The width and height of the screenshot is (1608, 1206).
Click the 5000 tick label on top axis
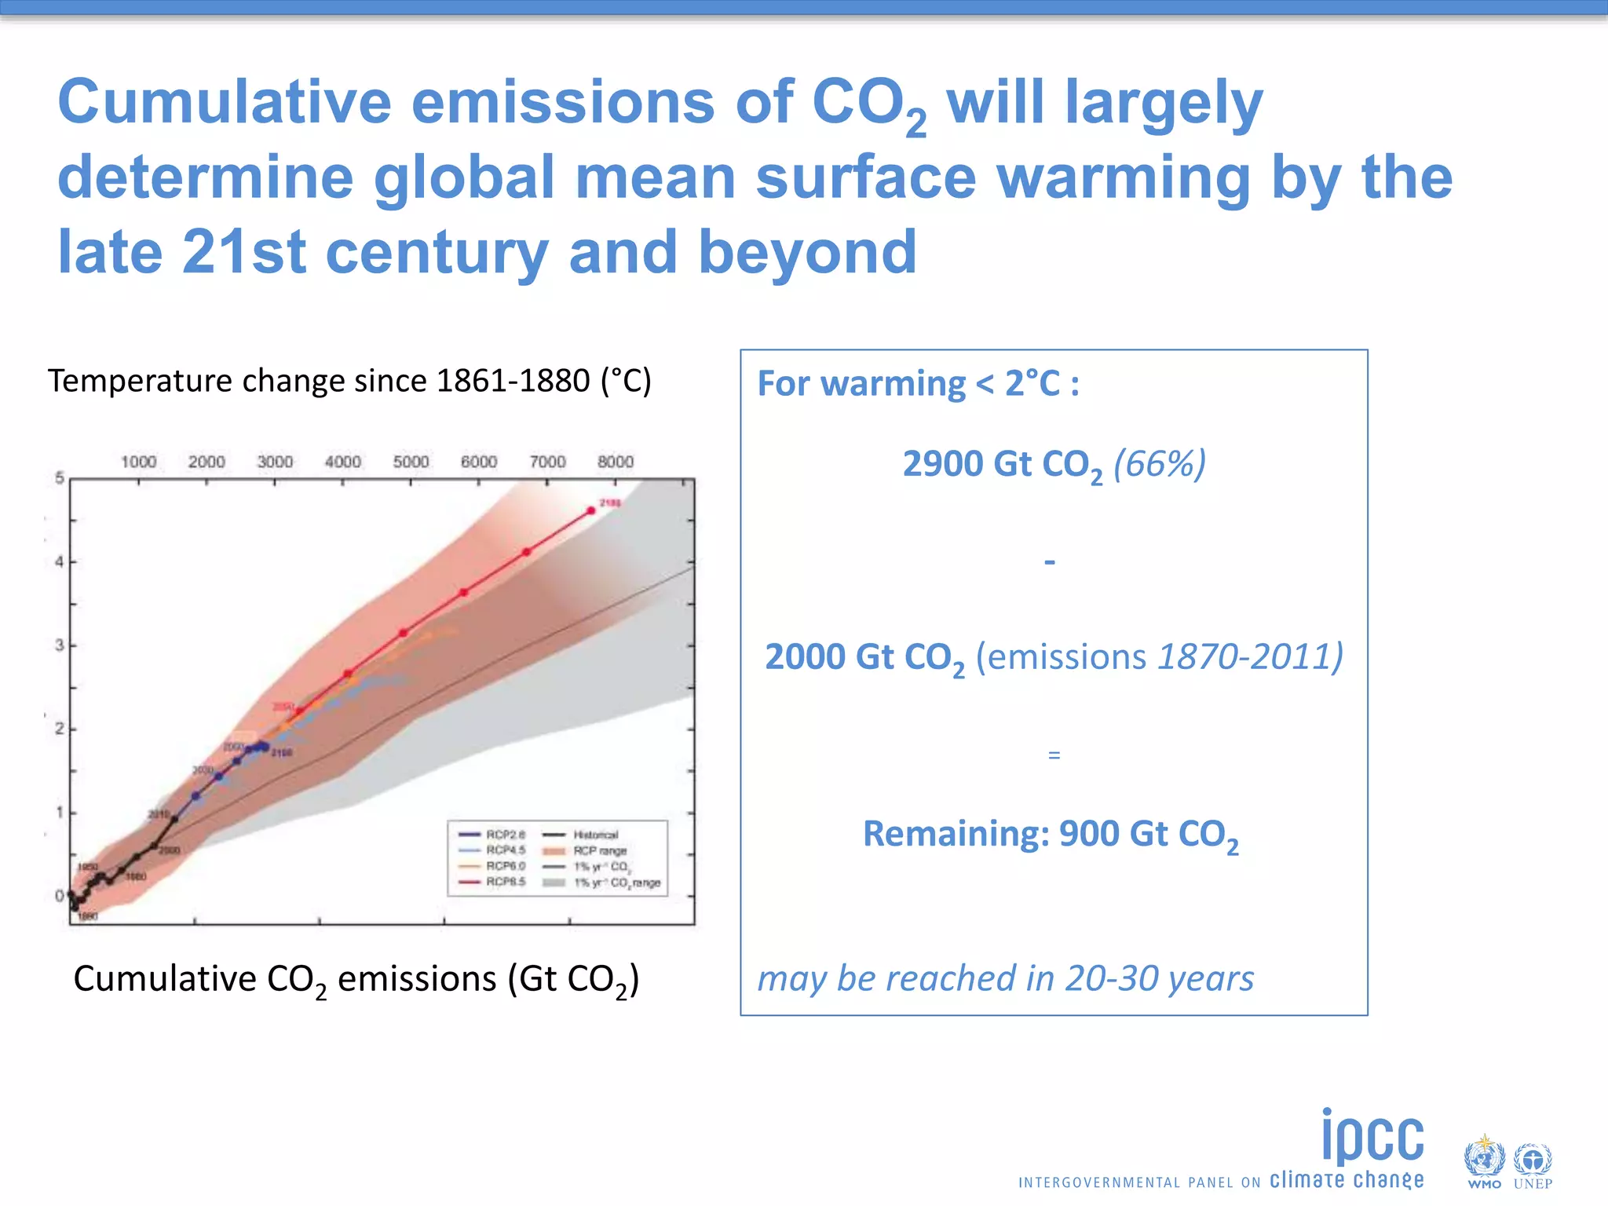coord(411,462)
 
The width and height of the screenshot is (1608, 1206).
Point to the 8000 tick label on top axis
coord(615,462)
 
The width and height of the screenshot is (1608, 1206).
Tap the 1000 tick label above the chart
coord(138,462)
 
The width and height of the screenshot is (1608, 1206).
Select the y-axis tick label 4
coord(59,562)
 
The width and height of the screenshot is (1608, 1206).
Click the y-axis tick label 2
coord(59,729)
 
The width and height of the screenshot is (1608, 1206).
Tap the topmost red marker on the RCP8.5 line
coord(591,510)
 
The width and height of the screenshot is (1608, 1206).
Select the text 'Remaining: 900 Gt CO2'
coord(1051,835)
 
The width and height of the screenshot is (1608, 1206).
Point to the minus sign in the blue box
coord(1050,562)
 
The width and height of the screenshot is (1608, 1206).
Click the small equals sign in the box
coord(1054,755)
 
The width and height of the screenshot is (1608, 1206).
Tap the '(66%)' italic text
coord(1159,464)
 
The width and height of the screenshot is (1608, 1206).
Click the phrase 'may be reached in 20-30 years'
coord(1005,978)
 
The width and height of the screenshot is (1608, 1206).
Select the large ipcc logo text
coord(1372,1136)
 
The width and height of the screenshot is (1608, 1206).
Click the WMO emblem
coord(1483,1160)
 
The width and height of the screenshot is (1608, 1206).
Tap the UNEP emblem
coord(1532,1160)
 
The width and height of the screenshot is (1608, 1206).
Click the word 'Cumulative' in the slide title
coord(224,102)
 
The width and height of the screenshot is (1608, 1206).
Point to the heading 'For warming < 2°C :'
coord(918,384)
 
